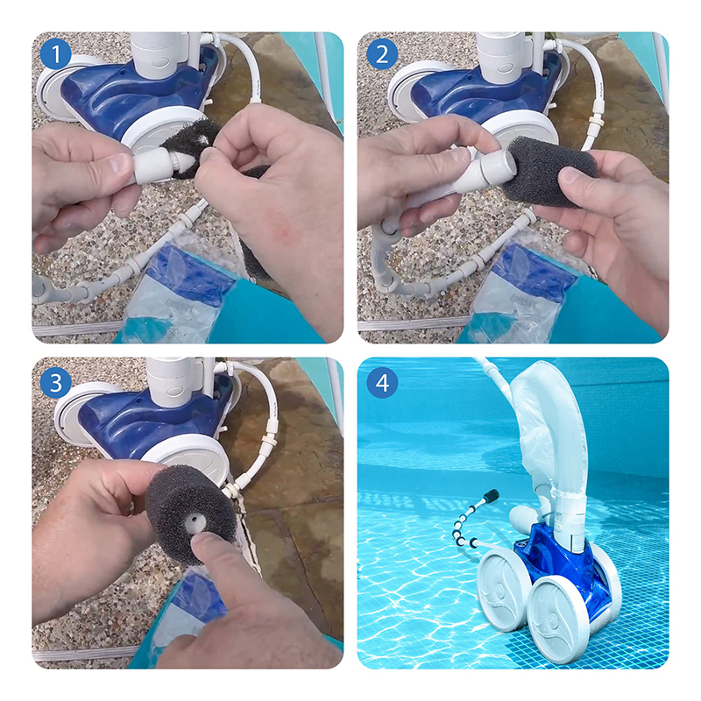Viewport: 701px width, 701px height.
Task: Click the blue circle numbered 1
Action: (x=55, y=54)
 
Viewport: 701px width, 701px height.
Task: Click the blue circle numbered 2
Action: (x=382, y=54)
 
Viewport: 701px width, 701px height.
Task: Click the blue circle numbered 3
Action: (x=55, y=383)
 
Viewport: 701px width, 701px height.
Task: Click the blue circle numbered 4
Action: (x=382, y=383)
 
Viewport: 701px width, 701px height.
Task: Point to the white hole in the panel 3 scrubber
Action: (x=195, y=520)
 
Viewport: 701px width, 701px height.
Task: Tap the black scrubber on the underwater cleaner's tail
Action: (x=492, y=495)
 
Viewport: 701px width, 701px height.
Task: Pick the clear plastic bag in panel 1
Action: (x=179, y=288)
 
